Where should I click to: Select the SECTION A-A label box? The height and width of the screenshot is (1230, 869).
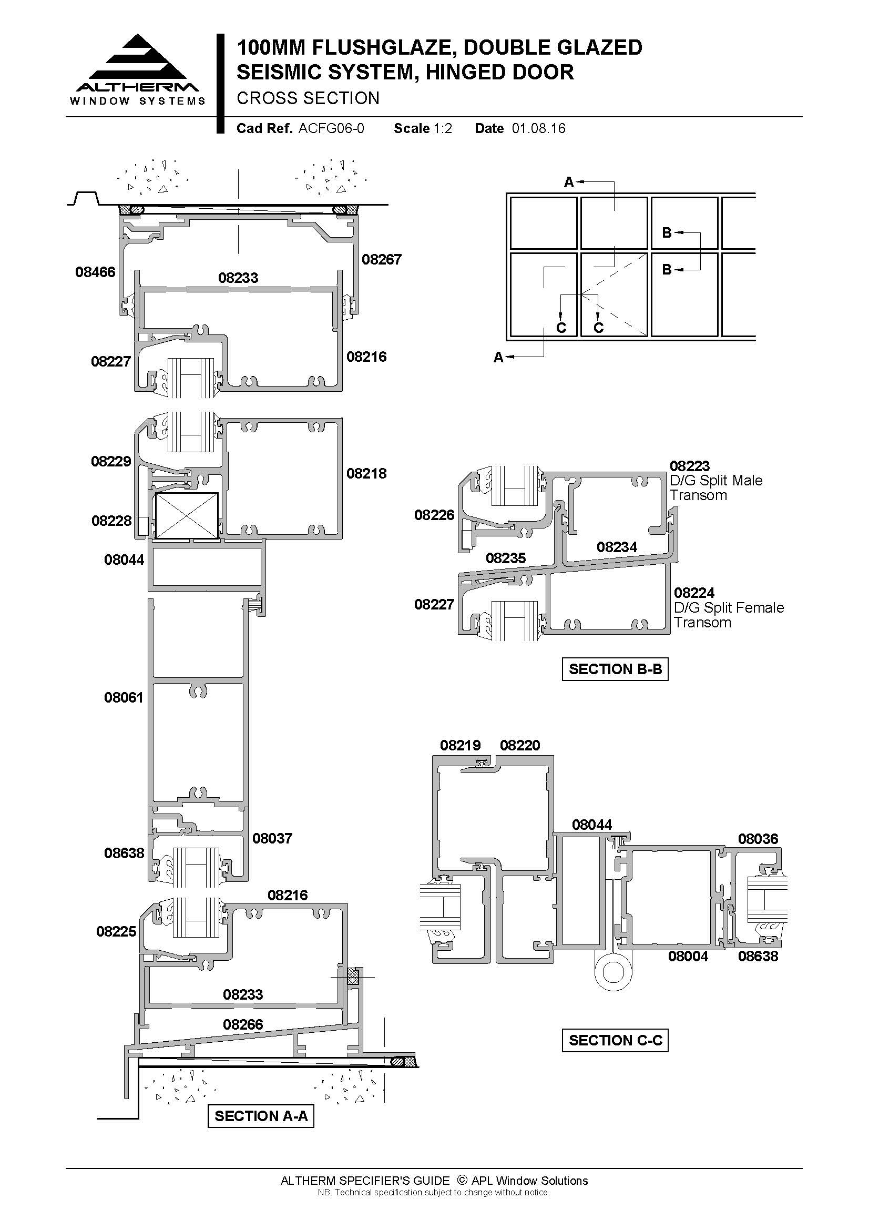(261, 1116)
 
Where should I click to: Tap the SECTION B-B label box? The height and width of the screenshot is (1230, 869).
(615, 669)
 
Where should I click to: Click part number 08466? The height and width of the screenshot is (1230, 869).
(95, 272)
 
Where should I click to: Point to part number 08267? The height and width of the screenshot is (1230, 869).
(381, 260)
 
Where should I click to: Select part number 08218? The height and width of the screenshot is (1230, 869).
(366, 474)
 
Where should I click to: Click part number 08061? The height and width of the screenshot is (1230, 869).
(124, 697)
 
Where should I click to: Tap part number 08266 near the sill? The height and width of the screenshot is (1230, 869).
(243, 1025)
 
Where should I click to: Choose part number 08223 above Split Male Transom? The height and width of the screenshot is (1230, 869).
(690, 466)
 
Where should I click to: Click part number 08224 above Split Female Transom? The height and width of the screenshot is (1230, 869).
(694, 593)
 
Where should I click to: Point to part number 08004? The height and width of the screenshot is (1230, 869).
(688, 956)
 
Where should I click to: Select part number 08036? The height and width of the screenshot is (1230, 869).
(758, 839)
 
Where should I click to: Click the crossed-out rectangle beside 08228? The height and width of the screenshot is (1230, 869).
(187, 516)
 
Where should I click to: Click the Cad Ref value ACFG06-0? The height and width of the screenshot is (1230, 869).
(331, 128)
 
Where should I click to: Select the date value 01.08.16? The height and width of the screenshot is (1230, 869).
(539, 128)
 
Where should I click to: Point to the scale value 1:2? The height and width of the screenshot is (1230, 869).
(443, 128)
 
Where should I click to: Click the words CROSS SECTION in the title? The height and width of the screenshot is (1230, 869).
(308, 98)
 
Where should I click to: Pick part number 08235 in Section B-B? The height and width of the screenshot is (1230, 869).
(505, 558)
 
